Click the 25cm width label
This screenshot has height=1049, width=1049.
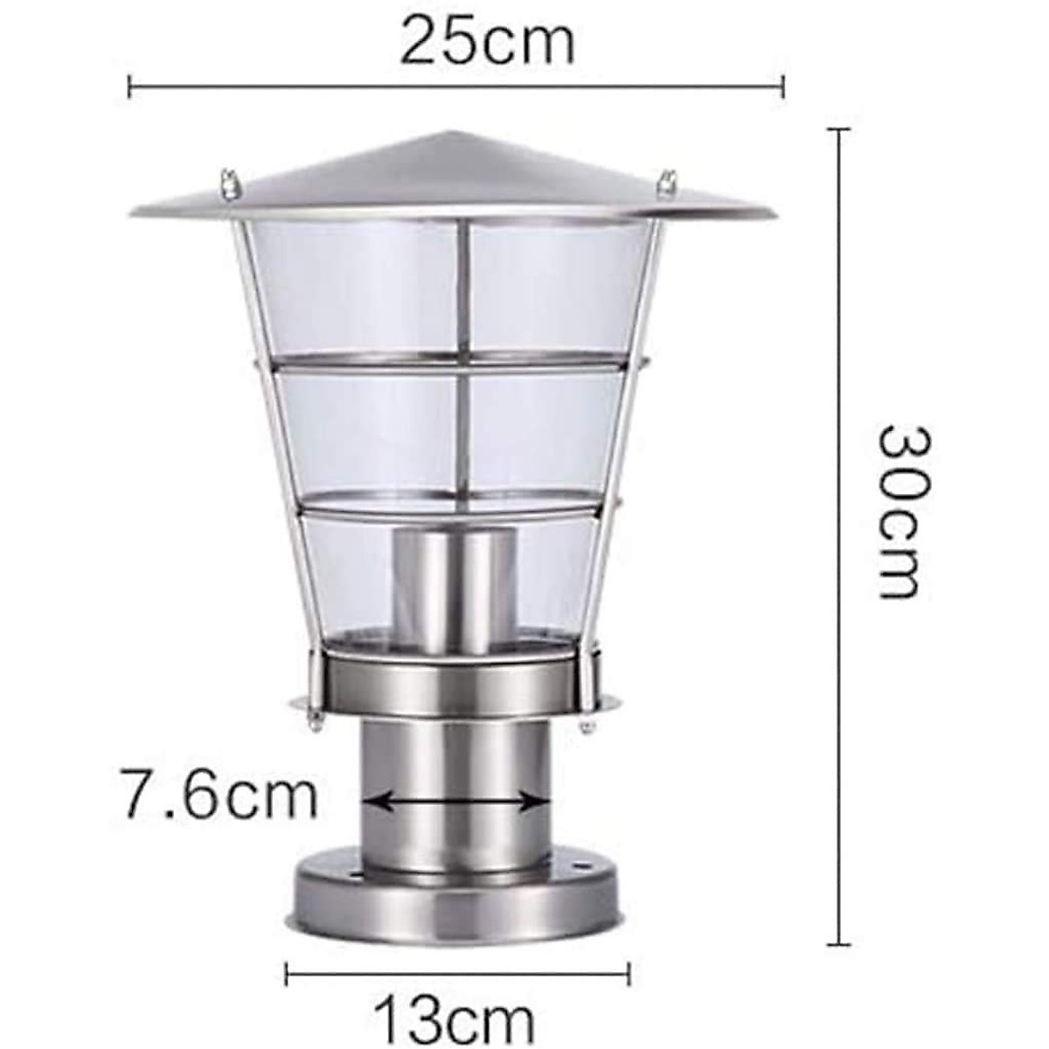[487, 42]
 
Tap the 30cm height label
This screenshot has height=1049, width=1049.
[900, 511]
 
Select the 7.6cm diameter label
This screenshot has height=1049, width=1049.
[218, 794]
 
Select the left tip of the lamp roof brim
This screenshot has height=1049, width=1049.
[133, 213]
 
